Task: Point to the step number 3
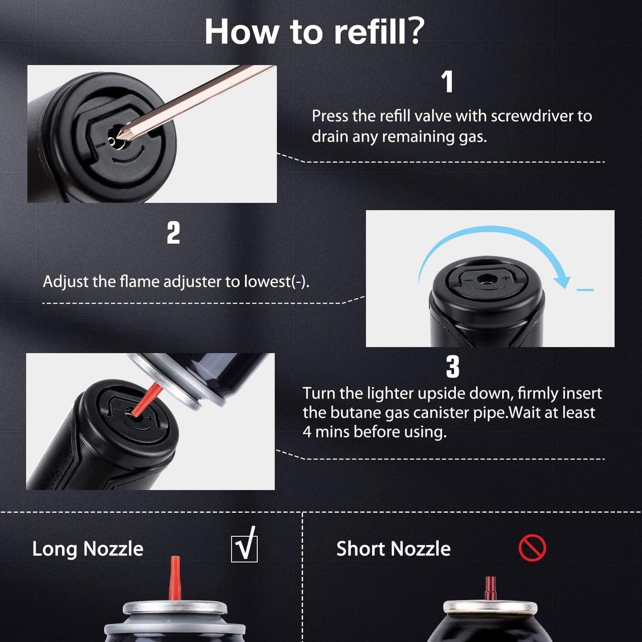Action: coord(452,367)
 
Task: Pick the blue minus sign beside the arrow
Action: coord(585,290)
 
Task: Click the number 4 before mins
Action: coord(307,432)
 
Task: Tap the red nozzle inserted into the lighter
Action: coord(146,399)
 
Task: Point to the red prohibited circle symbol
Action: coord(532,548)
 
